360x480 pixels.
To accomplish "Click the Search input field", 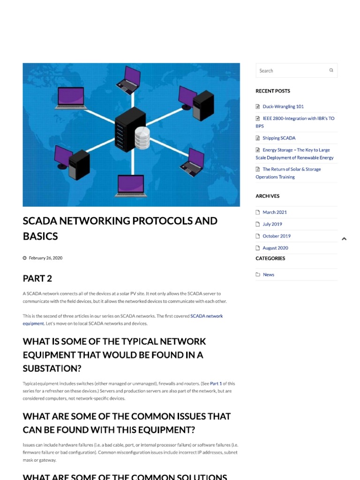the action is coord(291,71).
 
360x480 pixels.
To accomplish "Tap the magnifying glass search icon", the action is coord(331,70).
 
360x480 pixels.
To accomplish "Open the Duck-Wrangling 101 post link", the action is coord(283,106).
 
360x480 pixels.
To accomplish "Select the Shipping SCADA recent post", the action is coord(279,138).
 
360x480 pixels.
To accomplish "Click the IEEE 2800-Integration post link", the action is coord(298,119).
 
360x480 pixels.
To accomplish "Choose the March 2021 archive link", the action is coord(275,212).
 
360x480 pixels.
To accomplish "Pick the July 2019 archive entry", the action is coord(272,224).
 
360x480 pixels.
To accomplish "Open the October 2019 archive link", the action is coord(277,236).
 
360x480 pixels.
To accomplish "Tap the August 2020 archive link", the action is coord(275,248).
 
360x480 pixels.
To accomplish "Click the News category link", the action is coord(269,275).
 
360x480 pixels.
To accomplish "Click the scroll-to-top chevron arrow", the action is coord(344,239).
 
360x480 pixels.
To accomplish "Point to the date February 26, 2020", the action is coord(45,258).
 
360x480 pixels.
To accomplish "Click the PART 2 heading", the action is coord(37,278).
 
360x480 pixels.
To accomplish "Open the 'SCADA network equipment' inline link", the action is coord(206,316).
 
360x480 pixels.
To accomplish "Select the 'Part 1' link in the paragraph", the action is coord(216,383).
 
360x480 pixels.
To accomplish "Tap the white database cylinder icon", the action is coord(142,138).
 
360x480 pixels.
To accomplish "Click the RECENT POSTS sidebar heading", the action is coord(273,91).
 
